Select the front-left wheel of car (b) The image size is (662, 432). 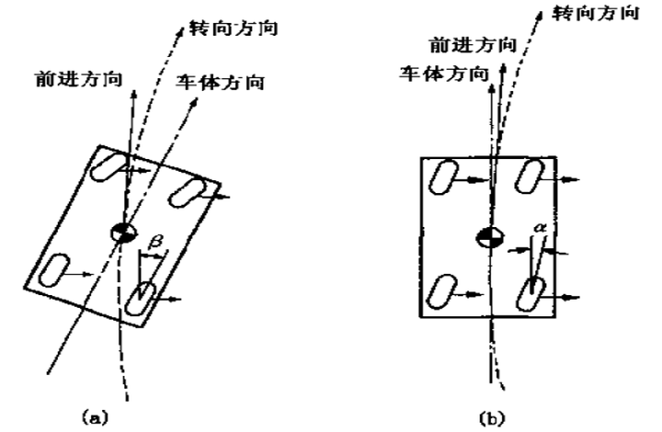pyautogui.click(x=446, y=177)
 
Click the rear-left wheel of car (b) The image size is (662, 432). pyautogui.click(x=446, y=292)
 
